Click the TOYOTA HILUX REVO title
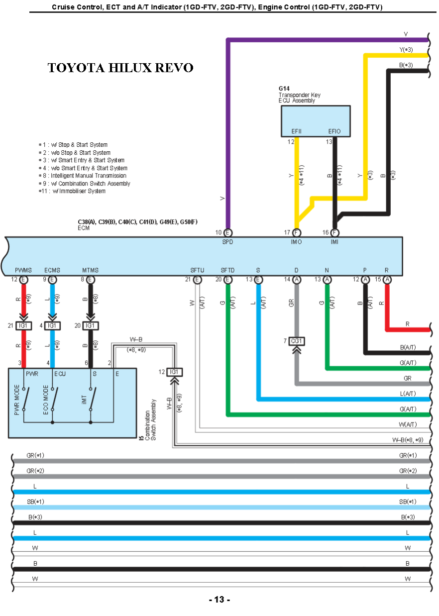click(120, 68)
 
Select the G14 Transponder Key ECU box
click(316, 121)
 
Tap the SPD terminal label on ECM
click(227, 242)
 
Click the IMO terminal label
click(296, 242)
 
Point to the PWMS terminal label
click(23, 270)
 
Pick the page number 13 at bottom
click(219, 600)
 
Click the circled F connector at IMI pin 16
click(335, 232)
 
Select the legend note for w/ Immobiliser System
click(73, 191)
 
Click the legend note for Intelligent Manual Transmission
click(83, 176)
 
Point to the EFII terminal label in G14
click(297, 132)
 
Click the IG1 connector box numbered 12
click(174, 372)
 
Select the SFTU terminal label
click(197, 270)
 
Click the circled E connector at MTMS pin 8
click(91, 280)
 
